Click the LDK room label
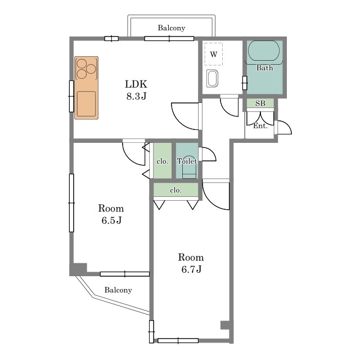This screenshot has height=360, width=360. click(x=136, y=84)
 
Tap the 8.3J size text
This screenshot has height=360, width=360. click(x=136, y=96)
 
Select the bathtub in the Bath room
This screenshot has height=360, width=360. click(x=264, y=51)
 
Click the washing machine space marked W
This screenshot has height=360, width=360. click(x=214, y=54)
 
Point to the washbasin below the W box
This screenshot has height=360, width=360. click(x=212, y=79)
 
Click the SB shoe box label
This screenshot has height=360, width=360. click(x=260, y=103)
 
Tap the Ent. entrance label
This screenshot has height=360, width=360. click(x=260, y=126)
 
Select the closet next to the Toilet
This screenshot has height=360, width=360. click(x=163, y=160)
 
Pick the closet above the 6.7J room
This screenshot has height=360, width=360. click(x=175, y=190)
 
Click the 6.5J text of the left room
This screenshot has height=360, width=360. click(x=111, y=220)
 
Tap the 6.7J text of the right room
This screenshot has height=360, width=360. click(x=191, y=269)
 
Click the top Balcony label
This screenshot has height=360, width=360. click(x=171, y=28)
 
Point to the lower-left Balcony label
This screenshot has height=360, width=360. click(x=118, y=290)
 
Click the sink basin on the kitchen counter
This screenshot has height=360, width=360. click(x=86, y=103)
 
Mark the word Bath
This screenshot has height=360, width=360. click(x=265, y=67)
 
